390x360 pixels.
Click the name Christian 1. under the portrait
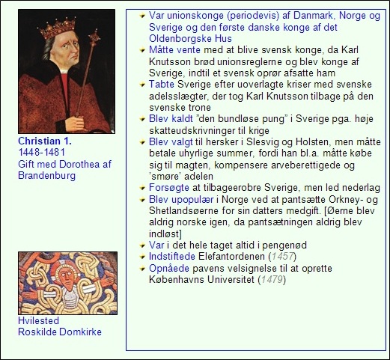pyautogui.click(x=44, y=141)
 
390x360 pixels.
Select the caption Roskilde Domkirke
pyautogui.click(x=60, y=332)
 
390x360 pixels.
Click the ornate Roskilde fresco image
pyautogui.click(x=67, y=283)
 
